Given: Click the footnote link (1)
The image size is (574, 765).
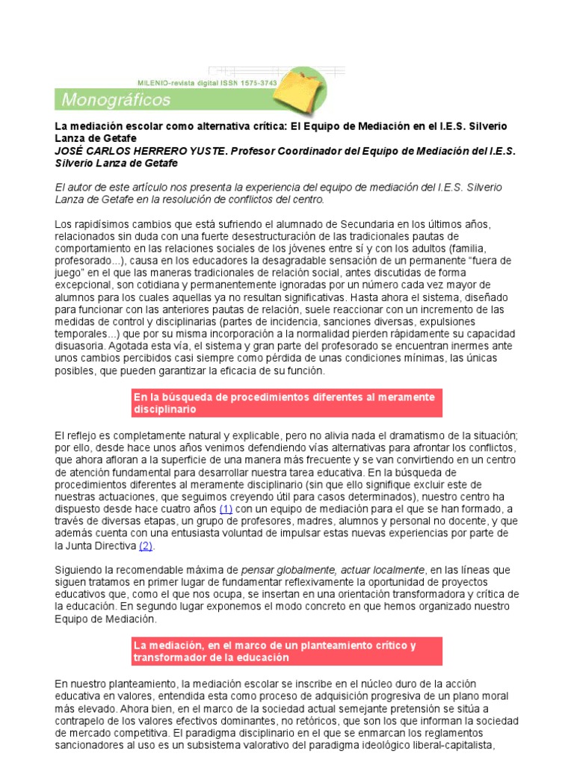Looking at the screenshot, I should [226, 509].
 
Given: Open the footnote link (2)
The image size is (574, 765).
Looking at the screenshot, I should [146, 546].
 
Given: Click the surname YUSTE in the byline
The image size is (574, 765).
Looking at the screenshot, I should [204, 151].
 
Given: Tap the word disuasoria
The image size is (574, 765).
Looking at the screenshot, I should [84, 347].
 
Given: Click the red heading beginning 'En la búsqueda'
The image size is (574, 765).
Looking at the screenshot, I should [286, 403].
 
